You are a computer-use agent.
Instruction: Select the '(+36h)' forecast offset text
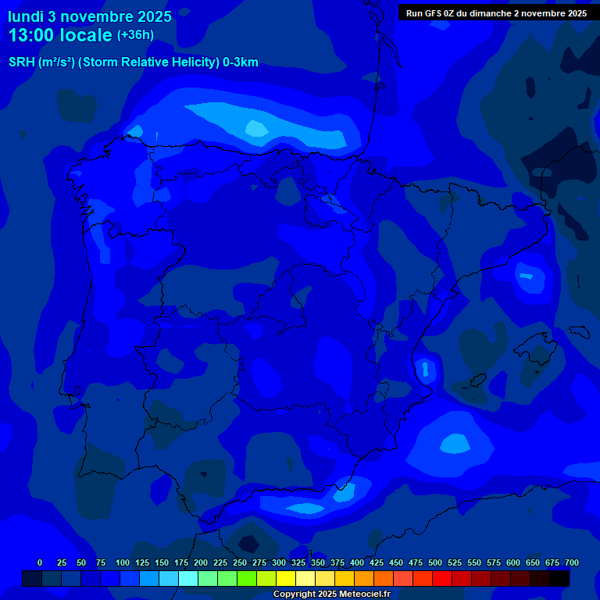[135, 35]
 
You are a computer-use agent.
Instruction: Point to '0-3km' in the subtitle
[240, 62]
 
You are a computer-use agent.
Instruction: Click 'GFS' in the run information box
[434, 13]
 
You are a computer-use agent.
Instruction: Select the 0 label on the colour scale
[40, 562]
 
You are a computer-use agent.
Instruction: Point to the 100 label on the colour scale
[123, 562]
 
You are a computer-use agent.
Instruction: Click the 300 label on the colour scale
[279, 562]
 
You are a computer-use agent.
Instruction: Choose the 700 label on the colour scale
[572, 562]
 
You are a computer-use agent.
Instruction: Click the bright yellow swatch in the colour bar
[286, 579]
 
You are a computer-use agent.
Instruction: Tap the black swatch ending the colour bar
[559, 579]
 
